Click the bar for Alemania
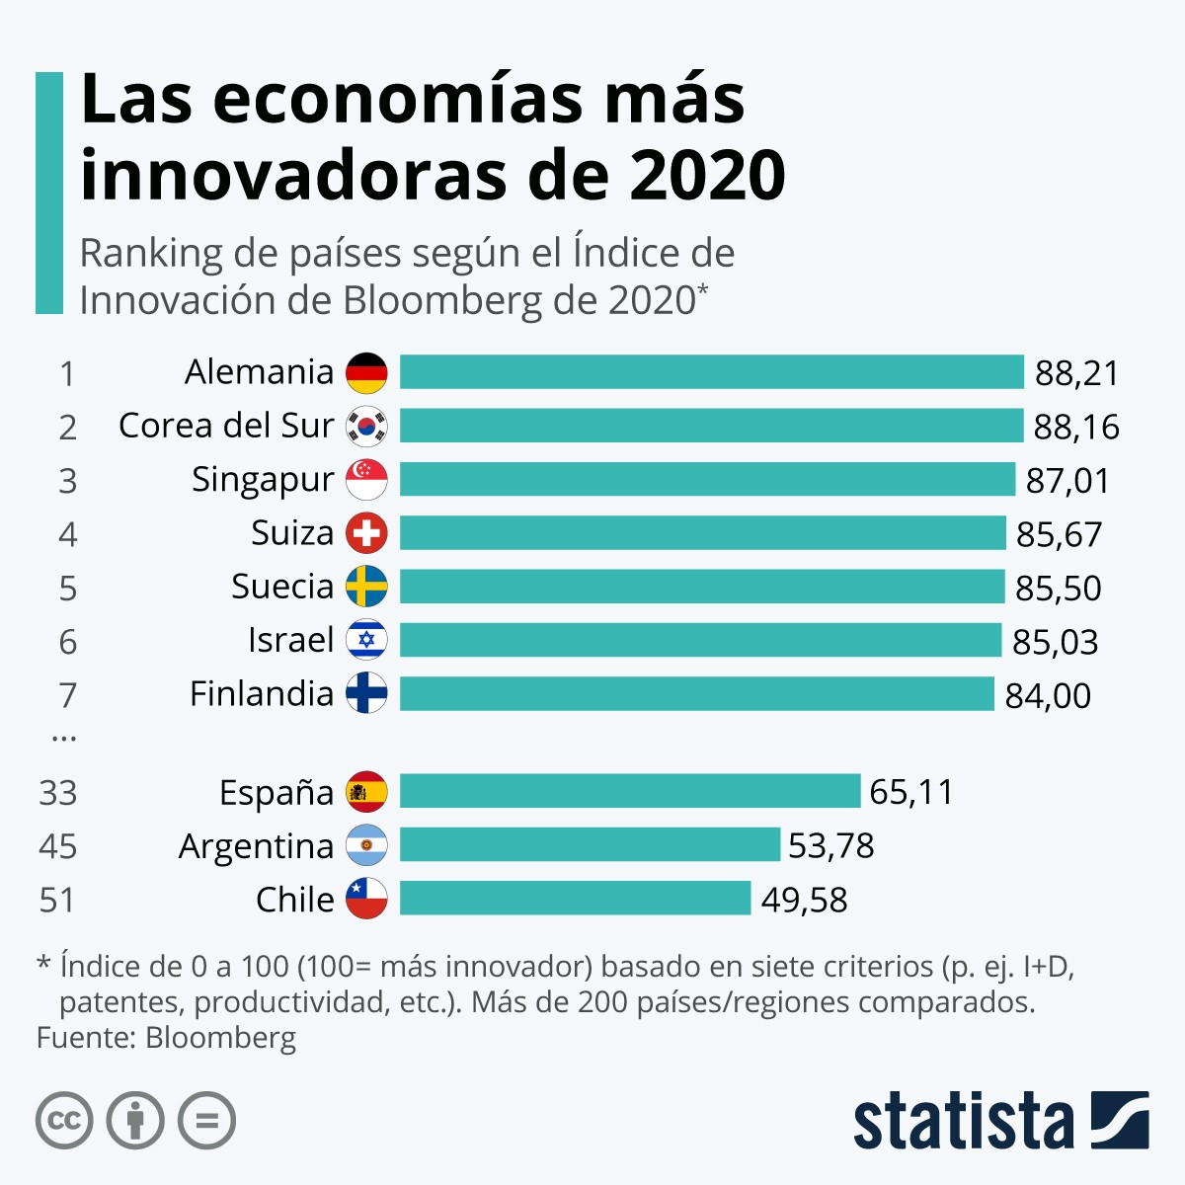click(x=711, y=372)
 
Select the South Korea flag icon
click(x=366, y=427)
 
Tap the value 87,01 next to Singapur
click(x=1067, y=481)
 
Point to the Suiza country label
click(x=292, y=533)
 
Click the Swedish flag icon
click(x=366, y=587)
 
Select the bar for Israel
click(x=700, y=640)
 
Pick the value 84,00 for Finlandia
click(x=1048, y=695)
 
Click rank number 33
click(x=58, y=793)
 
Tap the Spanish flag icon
click(x=366, y=792)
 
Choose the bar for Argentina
click(x=590, y=845)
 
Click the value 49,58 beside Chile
click(x=804, y=900)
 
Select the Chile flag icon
click(x=366, y=899)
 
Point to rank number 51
click(x=58, y=900)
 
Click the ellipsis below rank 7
click(x=63, y=737)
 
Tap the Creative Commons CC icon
click(x=64, y=1121)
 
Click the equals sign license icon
click(x=206, y=1121)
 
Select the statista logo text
click(x=963, y=1122)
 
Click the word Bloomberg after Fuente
click(x=220, y=1038)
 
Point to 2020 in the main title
click(x=706, y=175)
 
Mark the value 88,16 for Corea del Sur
click(x=1076, y=427)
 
